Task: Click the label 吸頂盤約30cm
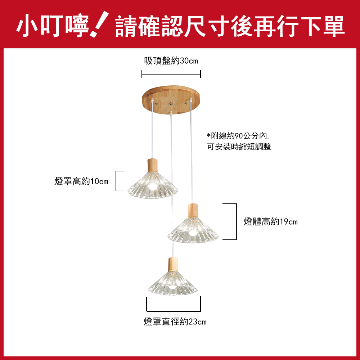point(171,61)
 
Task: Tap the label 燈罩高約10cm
point(81,181)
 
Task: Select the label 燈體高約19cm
point(271,222)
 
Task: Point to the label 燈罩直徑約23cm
point(175,321)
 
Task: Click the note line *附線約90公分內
point(238,136)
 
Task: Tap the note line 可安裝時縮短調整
point(239,147)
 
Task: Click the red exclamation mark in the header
point(99,24)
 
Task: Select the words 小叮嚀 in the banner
point(53,26)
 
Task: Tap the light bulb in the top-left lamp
point(152,186)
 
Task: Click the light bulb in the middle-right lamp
point(193,233)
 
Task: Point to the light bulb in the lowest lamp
point(173,287)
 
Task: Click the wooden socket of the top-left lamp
point(152,165)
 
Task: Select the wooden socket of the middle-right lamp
point(193,211)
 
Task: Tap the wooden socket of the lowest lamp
point(173,264)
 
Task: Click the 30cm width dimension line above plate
point(171,74)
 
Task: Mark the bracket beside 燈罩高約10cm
point(116,181)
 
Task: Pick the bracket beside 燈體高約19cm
point(236,221)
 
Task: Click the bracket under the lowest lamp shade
point(174,311)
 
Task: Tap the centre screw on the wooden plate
point(171,104)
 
